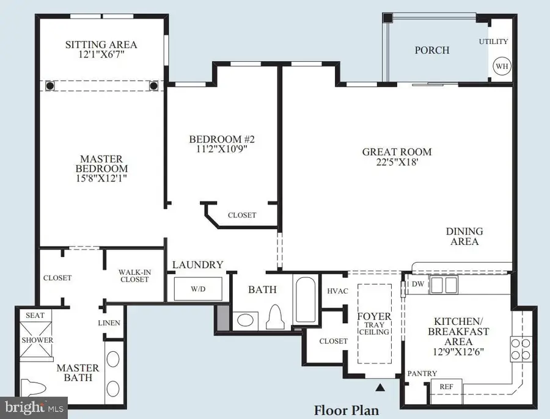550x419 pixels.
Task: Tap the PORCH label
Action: pos(432,50)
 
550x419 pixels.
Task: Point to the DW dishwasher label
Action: pos(419,284)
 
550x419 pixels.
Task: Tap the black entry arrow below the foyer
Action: pos(380,386)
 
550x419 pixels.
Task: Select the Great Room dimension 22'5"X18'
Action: pos(397,163)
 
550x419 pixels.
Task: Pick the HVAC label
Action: pos(337,291)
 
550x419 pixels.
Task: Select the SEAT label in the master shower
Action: pos(30,315)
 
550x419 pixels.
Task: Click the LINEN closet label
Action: pos(109,322)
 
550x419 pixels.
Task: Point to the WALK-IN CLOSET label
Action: pos(134,275)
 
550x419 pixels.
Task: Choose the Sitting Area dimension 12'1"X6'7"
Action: pos(101,56)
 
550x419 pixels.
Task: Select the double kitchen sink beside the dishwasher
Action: pos(444,284)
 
